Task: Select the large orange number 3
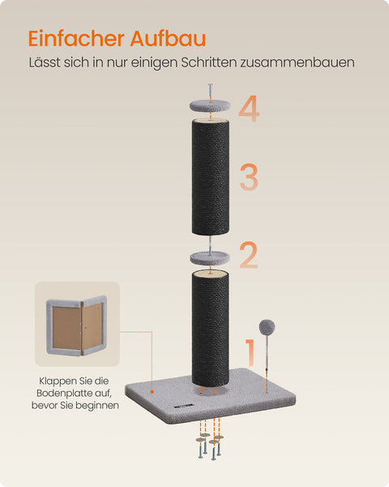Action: [x=248, y=177]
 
